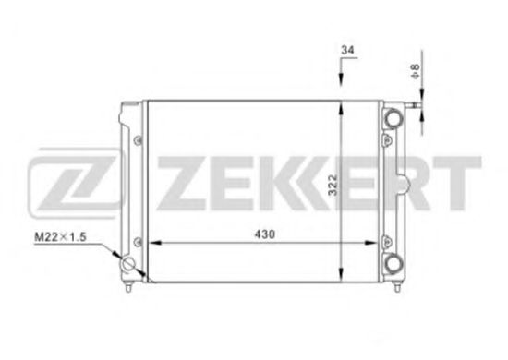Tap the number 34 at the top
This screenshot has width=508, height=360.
coord(346,49)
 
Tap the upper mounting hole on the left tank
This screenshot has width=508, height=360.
coord(138,139)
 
